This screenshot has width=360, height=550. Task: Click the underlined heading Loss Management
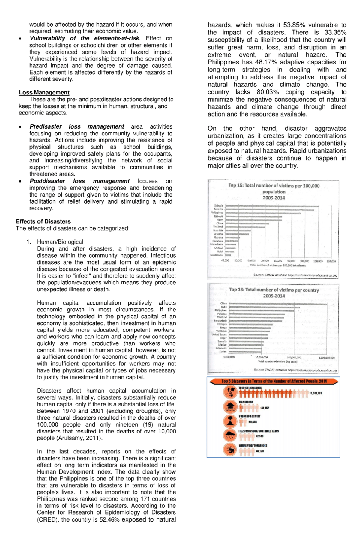[x=44, y=92]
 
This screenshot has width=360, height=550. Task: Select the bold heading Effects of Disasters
[x=43, y=221]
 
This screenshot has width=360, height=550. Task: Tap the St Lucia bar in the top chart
[x=271, y=206]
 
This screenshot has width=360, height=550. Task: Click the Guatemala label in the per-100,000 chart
[x=217, y=255]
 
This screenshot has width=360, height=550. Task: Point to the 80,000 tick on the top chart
[x=278, y=261]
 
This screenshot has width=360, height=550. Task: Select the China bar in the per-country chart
[x=278, y=304]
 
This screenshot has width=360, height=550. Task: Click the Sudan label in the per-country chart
[x=223, y=352]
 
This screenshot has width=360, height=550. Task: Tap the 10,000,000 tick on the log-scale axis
[x=261, y=358]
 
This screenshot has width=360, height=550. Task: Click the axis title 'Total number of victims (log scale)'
[x=277, y=362]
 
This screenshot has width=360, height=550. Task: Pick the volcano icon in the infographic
[x=230, y=421]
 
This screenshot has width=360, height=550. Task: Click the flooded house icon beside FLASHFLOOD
[x=230, y=407]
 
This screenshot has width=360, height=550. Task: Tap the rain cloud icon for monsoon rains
[x=230, y=435]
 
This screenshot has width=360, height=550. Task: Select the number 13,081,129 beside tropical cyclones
[x=316, y=393]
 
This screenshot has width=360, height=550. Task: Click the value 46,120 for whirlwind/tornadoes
[x=260, y=451]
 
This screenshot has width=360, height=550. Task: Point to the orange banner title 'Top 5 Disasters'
[x=274, y=382]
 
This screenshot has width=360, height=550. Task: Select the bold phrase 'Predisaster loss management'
[x=77, y=126]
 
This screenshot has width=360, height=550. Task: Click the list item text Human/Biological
[x=60, y=242]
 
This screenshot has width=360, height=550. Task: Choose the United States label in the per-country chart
[x=219, y=334]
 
